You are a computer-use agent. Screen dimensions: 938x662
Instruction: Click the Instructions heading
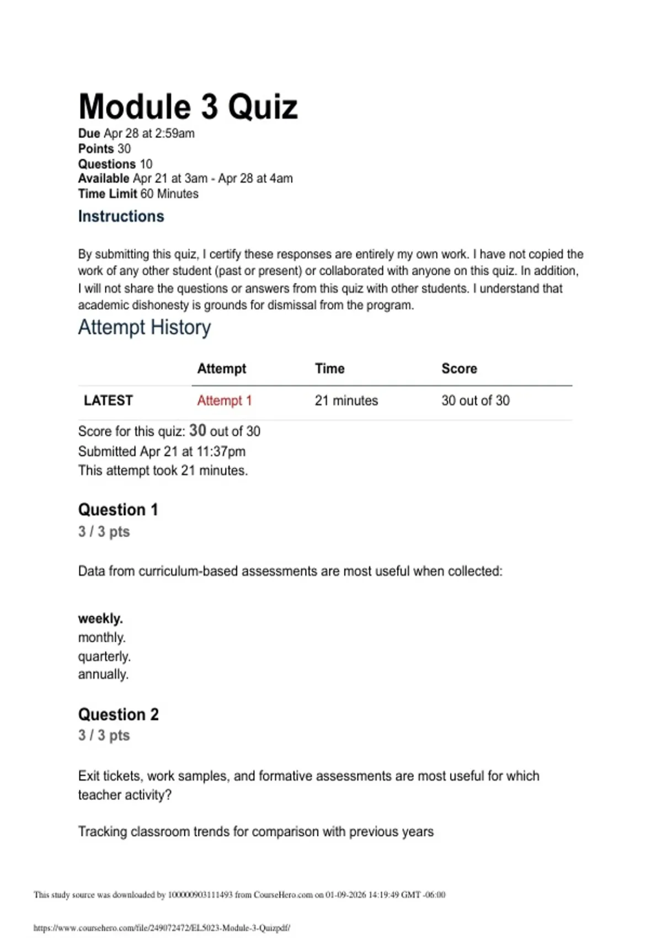click(121, 216)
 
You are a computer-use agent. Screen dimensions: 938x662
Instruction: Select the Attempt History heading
click(144, 327)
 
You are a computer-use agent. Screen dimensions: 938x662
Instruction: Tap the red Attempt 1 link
click(224, 401)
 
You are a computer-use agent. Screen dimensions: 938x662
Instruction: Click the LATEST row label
click(108, 401)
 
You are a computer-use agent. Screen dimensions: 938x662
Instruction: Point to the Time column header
click(329, 369)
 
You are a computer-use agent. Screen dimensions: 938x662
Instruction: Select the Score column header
click(459, 369)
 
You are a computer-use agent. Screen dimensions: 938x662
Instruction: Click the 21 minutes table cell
click(346, 401)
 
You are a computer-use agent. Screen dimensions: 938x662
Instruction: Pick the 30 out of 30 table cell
click(475, 401)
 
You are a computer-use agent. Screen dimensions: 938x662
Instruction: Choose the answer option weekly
click(100, 619)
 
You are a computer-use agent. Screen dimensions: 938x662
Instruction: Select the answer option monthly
click(102, 638)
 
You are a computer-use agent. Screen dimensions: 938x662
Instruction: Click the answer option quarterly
click(104, 657)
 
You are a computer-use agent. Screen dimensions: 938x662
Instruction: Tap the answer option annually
click(103, 674)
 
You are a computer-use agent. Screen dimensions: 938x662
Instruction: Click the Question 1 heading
click(118, 510)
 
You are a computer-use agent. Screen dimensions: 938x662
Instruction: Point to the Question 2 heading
click(118, 715)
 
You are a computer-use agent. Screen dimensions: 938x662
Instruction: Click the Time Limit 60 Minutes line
click(138, 194)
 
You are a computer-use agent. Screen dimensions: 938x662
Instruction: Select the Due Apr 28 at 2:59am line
click(136, 134)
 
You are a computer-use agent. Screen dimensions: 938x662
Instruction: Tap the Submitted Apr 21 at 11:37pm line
click(162, 451)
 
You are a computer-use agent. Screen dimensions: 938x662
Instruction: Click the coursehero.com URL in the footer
click(162, 928)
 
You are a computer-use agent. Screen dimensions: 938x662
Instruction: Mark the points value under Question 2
click(104, 736)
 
